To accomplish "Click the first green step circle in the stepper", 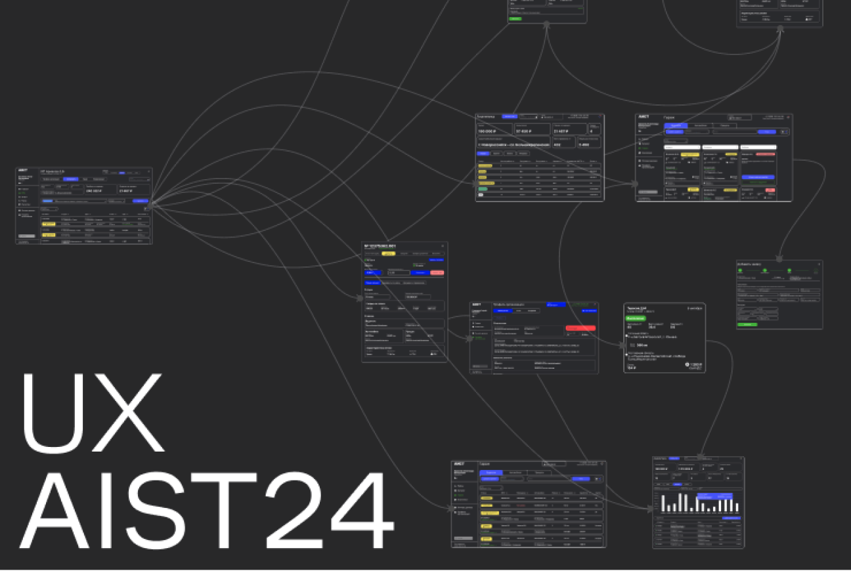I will tap(740, 270).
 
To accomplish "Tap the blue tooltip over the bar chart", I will tap(714, 496).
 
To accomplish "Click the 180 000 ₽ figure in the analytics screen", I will tap(487, 131).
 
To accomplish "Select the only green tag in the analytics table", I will tap(483, 189).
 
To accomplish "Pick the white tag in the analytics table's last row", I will tap(481, 195).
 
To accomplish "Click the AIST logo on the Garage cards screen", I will tap(644, 117).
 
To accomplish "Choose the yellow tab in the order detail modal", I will tap(388, 253).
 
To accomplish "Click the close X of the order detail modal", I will tap(443, 246).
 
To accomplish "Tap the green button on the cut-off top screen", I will tap(515, 18).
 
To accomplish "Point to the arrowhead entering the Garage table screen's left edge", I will tap(448, 507).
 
